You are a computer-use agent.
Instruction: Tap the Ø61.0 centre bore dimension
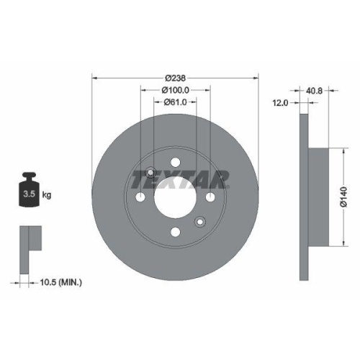(x=175, y=102)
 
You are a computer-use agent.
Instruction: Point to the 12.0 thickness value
(x=281, y=103)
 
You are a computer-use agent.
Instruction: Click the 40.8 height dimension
(x=314, y=91)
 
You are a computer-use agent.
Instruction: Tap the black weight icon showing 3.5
(x=29, y=190)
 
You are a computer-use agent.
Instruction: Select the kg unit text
(x=47, y=195)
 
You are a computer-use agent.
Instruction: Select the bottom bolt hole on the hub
(x=175, y=232)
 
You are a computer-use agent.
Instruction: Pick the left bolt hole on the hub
(x=140, y=197)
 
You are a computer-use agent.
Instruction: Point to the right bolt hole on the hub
(x=210, y=197)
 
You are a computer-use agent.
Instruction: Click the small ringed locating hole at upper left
(x=150, y=172)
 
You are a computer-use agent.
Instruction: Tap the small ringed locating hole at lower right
(x=200, y=222)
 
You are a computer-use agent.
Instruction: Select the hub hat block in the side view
(x=321, y=197)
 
